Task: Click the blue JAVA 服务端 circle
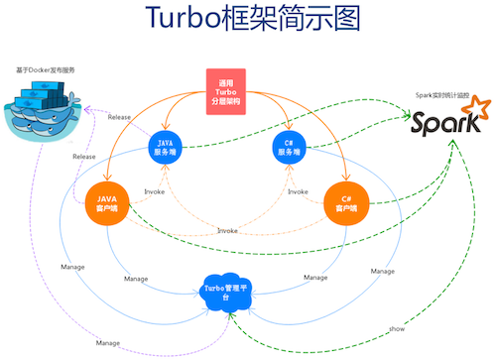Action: (167, 148)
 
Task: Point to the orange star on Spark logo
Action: (479, 108)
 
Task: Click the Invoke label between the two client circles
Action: (227, 230)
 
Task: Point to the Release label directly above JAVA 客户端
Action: (83, 157)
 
